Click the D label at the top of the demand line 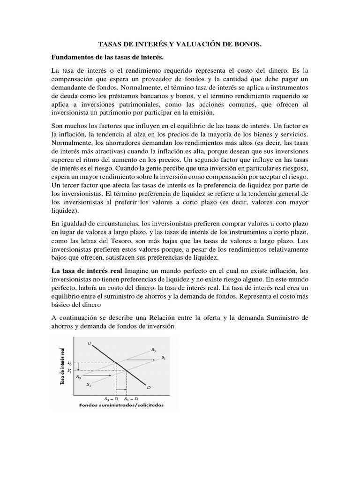(x=90, y=343)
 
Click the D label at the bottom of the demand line (x=149, y=387)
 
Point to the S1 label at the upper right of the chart (x=163, y=358)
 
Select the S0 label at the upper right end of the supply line (x=153, y=349)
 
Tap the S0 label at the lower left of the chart (x=78, y=376)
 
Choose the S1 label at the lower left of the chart (x=88, y=384)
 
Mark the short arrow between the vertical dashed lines (x=121, y=389)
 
